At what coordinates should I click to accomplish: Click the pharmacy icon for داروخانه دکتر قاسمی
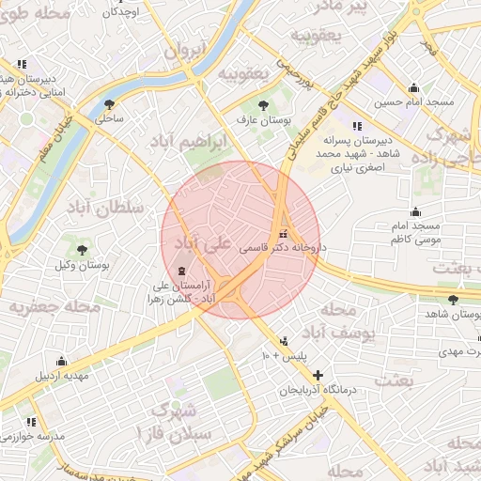[x=283, y=234]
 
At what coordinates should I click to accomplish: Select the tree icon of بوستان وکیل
[x=83, y=250]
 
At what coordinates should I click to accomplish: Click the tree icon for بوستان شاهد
[x=454, y=300]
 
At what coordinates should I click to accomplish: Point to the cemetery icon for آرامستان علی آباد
[x=181, y=271]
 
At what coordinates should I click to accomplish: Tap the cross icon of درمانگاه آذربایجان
[x=318, y=374]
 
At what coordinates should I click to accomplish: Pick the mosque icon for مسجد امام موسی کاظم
[x=414, y=212]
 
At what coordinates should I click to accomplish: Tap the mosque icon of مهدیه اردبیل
[x=62, y=361]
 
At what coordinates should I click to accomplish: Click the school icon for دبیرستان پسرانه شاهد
[x=356, y=126]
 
